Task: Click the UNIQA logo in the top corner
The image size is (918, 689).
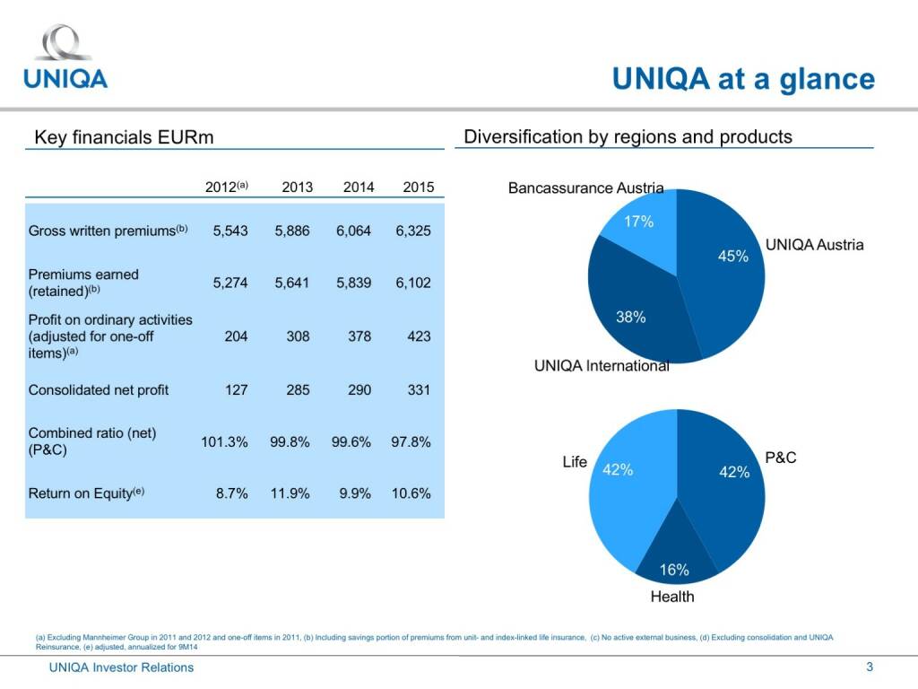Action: click(65, 57)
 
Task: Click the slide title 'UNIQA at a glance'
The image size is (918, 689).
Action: click(742, 79)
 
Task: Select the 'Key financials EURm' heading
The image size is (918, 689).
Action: click(123, 137)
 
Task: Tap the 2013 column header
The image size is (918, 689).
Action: click(297, 188)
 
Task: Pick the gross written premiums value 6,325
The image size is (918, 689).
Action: click(413, 231)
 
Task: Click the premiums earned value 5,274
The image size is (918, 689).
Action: click(230, 283)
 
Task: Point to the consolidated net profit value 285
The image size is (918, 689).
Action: click(292, 390)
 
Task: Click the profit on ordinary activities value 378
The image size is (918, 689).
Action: click(354, 336)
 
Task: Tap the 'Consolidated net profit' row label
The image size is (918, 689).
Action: click(99, 390)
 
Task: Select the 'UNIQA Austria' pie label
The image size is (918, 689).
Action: click(814, 245)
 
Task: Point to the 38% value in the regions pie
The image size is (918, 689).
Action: click(631, 317)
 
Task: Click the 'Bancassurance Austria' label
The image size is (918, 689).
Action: click(585, 188)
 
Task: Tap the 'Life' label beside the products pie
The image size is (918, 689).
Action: click(575, 462)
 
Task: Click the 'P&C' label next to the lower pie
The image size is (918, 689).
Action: click(780, 458)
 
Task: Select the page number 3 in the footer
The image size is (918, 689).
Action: click(869, 667)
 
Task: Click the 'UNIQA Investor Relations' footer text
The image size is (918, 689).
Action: click(121, 667)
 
